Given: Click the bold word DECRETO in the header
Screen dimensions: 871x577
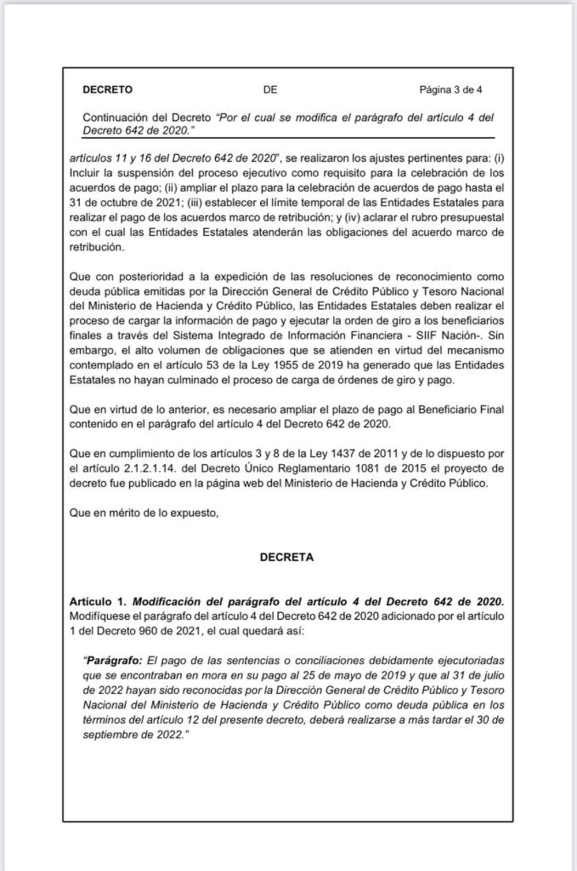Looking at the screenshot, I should [x=108, y=90].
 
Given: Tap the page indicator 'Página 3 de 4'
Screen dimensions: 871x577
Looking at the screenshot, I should [x=451, y=90].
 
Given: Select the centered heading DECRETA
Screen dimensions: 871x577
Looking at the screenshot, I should [x=287, y=557].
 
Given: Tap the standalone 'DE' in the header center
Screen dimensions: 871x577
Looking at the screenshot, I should [x=270, y=90].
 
